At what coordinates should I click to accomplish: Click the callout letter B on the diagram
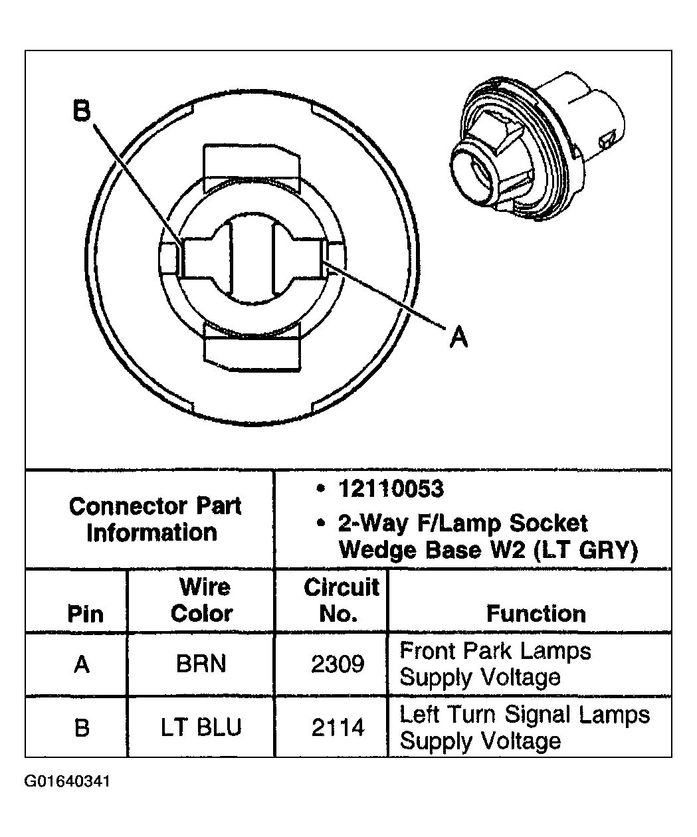pos(82,111)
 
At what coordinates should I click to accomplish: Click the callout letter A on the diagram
pos(458,337)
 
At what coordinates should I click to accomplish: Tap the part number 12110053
pos(391,489)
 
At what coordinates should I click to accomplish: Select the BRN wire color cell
pos(201,664)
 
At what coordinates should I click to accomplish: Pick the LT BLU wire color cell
pos(201,727)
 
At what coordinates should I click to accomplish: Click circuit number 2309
pos(338,664)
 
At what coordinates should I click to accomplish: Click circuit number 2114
pos(338,727)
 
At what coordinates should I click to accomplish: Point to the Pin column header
pos(86,613)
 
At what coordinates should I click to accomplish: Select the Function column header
pos(536,613)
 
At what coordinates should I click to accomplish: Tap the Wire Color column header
pos(201,600)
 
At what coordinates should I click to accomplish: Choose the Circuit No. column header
pos(340,600)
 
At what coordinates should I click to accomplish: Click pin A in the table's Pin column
pos(82,664)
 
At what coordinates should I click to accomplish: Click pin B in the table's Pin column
pos(82,727)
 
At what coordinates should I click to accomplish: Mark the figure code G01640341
pos(66,781)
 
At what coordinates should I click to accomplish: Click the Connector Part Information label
pos(154,519)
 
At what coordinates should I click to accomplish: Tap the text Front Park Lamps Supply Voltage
pos(495,664)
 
